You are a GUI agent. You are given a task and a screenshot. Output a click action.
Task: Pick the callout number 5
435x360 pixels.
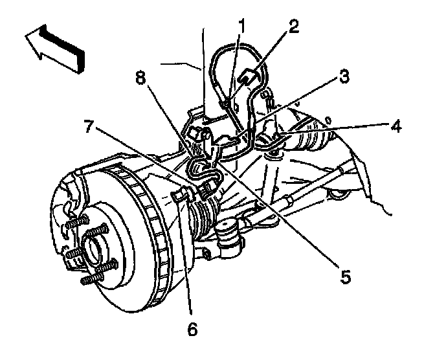[x=345, y=277]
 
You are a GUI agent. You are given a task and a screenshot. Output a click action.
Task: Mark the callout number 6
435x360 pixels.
[x=191, y=330]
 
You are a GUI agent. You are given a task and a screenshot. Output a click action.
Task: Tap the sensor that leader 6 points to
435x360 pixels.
[x=181, y=195]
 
